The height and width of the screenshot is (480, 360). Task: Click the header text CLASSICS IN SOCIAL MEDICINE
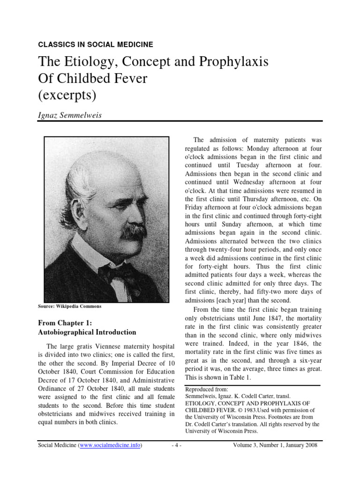(95, 45)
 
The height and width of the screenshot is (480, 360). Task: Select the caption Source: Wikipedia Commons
(69, 307)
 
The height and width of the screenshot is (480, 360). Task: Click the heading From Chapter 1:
(65, 323)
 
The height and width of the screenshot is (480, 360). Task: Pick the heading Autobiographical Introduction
(87, 332)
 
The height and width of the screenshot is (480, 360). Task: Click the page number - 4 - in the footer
(176, 445)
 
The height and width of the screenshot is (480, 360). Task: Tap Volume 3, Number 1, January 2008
(275, 445)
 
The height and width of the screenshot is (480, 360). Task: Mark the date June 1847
(269, 318)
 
